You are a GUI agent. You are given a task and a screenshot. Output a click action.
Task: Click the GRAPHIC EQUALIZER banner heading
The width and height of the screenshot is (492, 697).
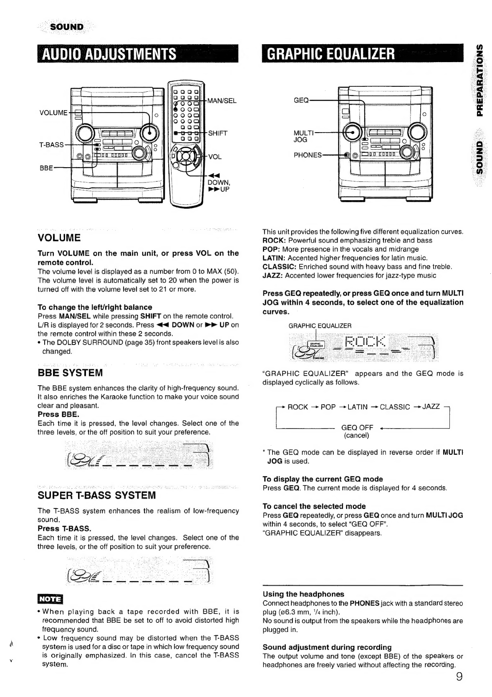coord(331,54)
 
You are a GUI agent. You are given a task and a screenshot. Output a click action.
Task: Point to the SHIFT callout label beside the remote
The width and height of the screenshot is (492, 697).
coord(217,133)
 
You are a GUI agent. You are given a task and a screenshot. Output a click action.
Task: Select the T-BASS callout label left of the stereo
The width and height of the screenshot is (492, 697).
coord(51,145)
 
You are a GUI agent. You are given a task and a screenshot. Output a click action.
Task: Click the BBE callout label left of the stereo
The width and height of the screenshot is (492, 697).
coord(46,168)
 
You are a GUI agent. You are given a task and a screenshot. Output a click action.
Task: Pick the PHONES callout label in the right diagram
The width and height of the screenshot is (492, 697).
coord(308,155)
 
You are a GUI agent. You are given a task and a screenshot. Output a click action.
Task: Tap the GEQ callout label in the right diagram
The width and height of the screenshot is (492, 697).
coord(301,100)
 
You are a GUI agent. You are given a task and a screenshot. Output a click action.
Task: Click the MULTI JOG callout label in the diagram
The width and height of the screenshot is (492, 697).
coord(303,136)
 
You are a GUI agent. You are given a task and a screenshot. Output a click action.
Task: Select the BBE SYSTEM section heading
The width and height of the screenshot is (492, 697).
coord(70,372)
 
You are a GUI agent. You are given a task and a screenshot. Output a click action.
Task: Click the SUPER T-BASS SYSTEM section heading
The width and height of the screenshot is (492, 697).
coord(97,495)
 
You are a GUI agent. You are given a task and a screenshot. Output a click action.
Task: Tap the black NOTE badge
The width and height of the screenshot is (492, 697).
coord(50,599)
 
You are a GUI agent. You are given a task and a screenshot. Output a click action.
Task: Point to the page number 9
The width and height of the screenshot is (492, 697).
coord(459,676)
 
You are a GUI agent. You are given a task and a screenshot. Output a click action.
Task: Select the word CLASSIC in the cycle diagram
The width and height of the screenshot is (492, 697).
coord(395,407)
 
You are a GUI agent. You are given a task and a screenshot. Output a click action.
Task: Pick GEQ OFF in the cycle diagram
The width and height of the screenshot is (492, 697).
coord(357,428)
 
